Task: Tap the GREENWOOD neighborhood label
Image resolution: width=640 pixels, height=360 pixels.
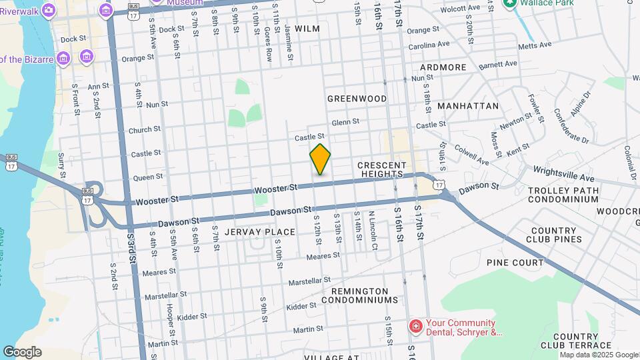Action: point(357,99)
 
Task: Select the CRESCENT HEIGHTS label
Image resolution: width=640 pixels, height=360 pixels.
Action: point(381,169)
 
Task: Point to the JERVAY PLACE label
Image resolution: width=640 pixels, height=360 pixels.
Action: point(260,232)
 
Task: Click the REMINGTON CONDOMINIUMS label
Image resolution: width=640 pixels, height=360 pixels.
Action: point(359,295)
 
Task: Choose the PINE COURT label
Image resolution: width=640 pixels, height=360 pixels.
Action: point(515,263)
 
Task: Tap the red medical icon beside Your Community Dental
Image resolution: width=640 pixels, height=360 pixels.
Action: point(415,326)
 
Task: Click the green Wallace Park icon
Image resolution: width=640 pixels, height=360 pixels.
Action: point(510,3)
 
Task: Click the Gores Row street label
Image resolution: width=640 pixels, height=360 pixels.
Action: point(268,45)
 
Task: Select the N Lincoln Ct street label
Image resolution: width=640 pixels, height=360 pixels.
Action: point(373,229)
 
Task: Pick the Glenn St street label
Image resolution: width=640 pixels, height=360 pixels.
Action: point(345,122)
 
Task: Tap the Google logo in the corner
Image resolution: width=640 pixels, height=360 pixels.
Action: point(22,351)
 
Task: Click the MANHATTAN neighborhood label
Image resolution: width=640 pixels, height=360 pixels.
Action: point(468,106)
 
